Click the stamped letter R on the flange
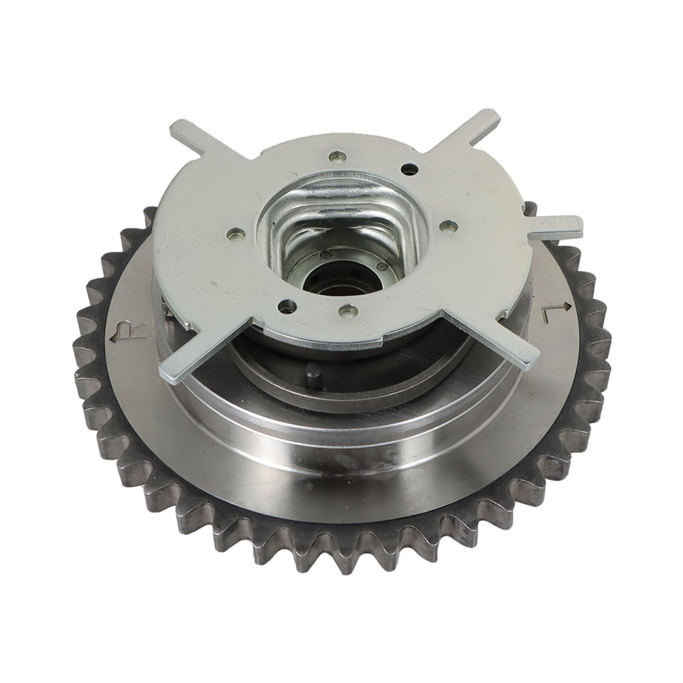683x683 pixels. (123, 329)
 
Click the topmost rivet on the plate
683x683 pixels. (336, 155)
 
